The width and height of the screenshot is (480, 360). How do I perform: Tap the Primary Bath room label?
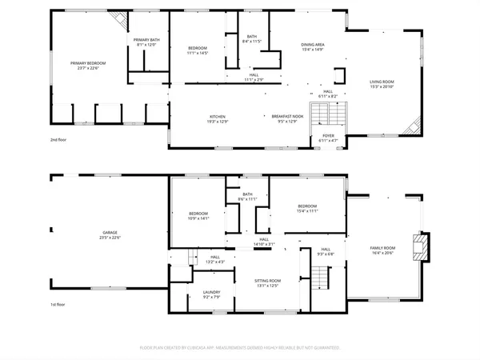coord(146,42)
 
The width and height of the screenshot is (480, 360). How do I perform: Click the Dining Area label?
coord(312,46)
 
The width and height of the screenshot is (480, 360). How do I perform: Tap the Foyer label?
coord(328,138)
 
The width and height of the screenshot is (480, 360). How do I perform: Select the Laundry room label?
coord(211,294)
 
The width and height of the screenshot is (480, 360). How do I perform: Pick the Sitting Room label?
coord(268,282)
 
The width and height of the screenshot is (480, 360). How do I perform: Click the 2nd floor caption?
coord(58,139)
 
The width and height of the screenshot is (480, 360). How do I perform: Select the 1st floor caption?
coord(58,305)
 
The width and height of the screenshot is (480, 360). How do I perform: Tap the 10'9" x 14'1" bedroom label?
coord(198,215)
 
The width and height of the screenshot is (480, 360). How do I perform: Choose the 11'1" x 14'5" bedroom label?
coord(198,50)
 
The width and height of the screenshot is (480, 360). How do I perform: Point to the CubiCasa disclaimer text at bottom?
coord(240,348)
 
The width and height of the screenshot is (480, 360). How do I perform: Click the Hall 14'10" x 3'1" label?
coord(263,242)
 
